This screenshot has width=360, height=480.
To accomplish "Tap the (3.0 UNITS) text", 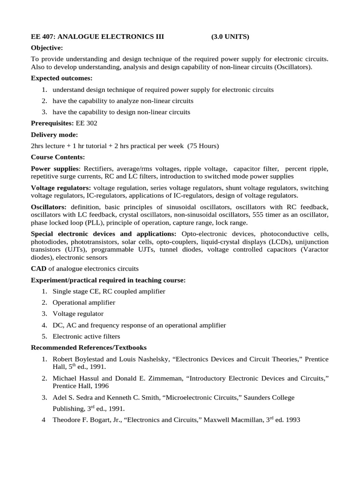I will pyautogui.click(x=235, y=37).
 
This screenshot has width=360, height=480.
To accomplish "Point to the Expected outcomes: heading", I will pyautogui.click(x=61, y=78).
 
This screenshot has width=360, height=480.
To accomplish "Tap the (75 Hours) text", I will pyautogui.click(x=203, y=146).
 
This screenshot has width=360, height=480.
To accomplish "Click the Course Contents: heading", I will pyautogui.click(x=58, y=157).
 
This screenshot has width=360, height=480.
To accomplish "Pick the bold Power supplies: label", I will pyautogui.click(x=56, y=168).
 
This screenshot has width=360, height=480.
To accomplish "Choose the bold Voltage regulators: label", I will pyautogui.click(x=61, y=187).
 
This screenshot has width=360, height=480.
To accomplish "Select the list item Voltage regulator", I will pyautogui.click(x=78, y=314).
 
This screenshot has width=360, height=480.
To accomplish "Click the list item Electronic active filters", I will pyautogui.click(x=86, y=336).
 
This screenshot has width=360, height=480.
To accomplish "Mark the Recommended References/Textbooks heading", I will pyautogui.click(x=89, y=347).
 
